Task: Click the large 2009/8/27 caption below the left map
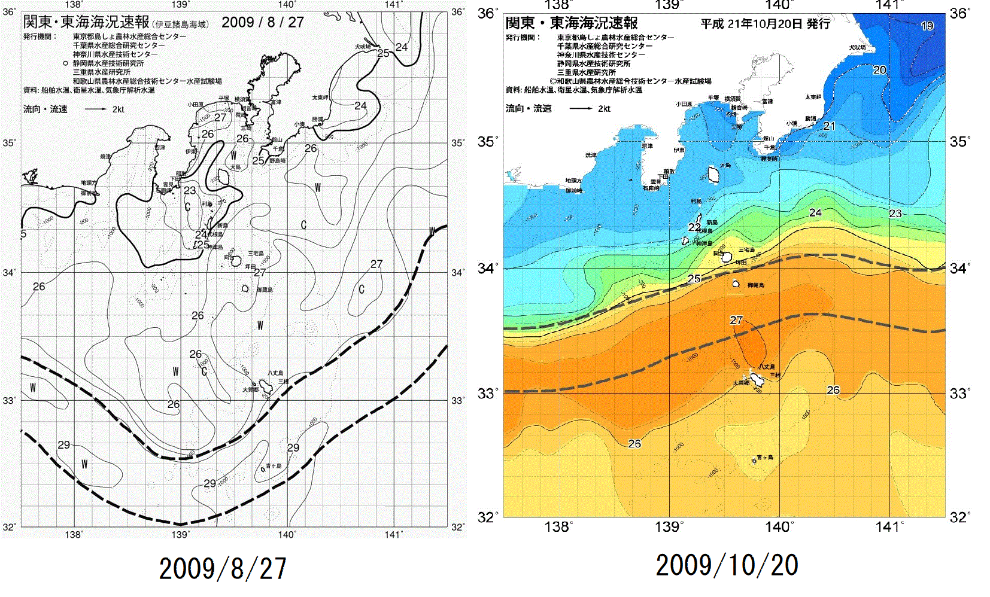pos(223,568)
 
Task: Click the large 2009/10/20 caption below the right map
pos(727,565)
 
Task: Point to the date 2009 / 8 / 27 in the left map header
pos(263,23)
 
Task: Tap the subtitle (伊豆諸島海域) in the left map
pos(181,25)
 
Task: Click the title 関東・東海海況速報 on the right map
pos(572,23)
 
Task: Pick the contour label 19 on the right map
pos(927,26)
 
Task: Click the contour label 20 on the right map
pos(879,70)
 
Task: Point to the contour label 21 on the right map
pos(829,126)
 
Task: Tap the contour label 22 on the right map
pos(694,227)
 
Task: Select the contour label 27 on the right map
pos(736,320)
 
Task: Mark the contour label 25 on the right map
pos(694,279)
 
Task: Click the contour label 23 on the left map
pos(190,190)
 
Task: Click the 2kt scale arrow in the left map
pos(96,109)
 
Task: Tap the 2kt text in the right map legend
pos(604,109)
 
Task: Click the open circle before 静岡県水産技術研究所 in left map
pos(65,63)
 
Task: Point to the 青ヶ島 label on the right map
pos(766,458)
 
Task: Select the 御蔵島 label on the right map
pos(755,285)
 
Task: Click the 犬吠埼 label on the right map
pos(857,47)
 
